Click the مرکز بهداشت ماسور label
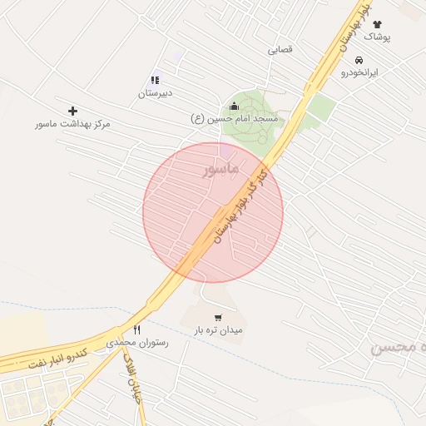(x=72, y=124)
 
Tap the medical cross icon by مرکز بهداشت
(x=73, y=111)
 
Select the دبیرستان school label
(x=155, y=94)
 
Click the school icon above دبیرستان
(x=155, y=81)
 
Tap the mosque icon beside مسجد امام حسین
(x=233, y=106)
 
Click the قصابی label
(x=280, y=50)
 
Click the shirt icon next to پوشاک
(x=377, y=25)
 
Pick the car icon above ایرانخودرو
(x=359, y=61)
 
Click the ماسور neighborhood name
(x=220, y=169)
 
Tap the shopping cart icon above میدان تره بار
(x=218, y=317)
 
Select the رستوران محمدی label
(x=137, y=343)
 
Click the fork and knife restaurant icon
(x=137, y=329)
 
